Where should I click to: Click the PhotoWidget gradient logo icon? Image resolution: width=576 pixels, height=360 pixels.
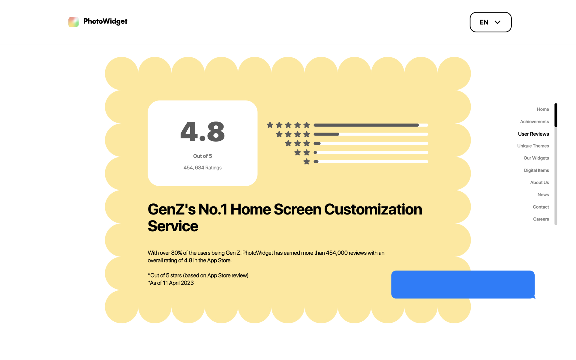[x=73, y=22]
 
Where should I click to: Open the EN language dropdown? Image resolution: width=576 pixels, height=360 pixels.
[x=490, y=22]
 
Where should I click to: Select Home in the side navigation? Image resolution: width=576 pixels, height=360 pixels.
[x=543, y=109]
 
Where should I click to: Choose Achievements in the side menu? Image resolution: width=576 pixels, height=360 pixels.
[x=534, y=121]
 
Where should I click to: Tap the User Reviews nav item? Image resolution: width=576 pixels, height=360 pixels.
[x=533, y=134]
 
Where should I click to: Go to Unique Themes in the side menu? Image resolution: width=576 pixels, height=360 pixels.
[x=533, y=146]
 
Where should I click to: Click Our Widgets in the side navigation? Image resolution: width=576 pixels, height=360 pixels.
[x=536, y=158]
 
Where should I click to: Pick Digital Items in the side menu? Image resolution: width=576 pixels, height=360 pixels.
[x=536, y=170]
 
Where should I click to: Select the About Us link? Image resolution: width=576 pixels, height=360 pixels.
[x=539, y=182]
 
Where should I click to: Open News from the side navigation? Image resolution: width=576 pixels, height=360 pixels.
[x=543, y=195]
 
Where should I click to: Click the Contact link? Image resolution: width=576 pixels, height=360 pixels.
[x=541, y=207]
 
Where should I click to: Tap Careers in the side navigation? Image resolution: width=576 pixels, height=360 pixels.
[x=541, y=219]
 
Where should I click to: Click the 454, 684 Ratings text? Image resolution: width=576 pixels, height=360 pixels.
[x=202, y=168]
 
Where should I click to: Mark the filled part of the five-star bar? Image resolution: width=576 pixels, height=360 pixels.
[x=366, y=125]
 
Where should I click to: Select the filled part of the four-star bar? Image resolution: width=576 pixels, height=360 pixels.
[x=326, y=134]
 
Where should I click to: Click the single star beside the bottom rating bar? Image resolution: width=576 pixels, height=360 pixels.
[x=307, y=162]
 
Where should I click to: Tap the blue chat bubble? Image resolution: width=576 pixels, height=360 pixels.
[x=463, y=284]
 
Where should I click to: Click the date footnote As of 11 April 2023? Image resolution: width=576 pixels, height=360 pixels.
[x=171, y=283]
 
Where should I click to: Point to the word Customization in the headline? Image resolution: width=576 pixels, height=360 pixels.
[x=373, y=209]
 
